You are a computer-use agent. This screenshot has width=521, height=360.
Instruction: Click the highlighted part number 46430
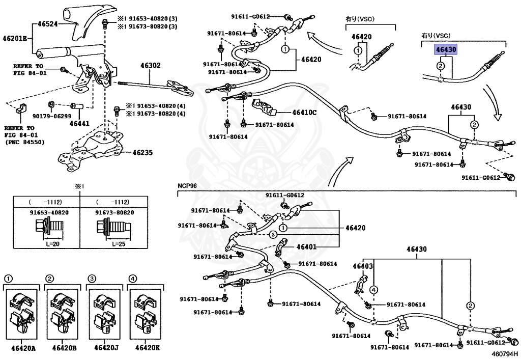click(446, 49)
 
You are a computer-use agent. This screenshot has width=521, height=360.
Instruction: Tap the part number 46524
click(47, 24)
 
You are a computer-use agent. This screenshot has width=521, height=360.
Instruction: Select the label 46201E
click(15, 38)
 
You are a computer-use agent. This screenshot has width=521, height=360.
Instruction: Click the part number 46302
click(150, 65)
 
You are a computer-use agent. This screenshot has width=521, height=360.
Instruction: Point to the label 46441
click(79, 124)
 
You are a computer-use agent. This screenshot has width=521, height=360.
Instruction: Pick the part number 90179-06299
click(52, 116)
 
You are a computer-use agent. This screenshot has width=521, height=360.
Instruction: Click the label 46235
click(142, 153)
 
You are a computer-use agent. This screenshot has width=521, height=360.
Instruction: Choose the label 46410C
click(304, 113)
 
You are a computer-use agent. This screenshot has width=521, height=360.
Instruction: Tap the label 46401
click(306, 246)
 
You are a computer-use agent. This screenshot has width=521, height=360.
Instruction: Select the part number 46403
click(362, 266)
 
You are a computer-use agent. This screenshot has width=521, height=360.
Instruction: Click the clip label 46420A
click(23, 348)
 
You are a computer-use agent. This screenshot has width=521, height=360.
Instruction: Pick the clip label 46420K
click(147, 348)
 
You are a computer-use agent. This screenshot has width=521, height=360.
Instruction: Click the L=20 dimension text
click(53, 244)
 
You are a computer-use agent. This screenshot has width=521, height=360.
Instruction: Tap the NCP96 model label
click(187, 185)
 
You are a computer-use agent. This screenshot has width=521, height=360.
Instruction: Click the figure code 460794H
click(505, 354)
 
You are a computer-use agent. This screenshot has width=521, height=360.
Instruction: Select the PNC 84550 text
click(24, 142)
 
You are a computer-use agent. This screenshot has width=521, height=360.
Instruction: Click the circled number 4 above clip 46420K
click(132, 278)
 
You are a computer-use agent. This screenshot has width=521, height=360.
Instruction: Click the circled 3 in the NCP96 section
click(273, 235)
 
